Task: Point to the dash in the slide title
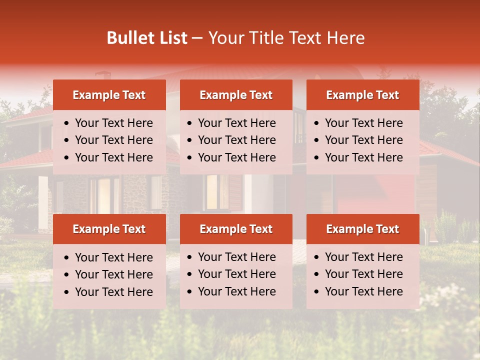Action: point(197,38)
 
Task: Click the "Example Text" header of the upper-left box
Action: point(109,95)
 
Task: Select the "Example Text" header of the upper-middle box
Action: point(236,95)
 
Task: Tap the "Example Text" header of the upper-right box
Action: point(362,95)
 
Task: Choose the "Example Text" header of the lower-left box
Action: point(109,229)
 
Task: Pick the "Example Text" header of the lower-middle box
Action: point(236,229)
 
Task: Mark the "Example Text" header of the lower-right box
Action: point(362,229)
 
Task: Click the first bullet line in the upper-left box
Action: point(113,123)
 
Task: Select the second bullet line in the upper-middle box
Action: point(236,140)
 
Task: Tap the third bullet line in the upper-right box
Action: point(363,157)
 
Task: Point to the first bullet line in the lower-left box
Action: point(113,257)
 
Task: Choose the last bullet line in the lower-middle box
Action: point(236,291)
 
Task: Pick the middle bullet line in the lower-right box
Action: point(363,274)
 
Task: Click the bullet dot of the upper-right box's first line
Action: point(317,123)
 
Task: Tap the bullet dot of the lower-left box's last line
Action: point(67,292)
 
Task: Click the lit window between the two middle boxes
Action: point(212,192)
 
